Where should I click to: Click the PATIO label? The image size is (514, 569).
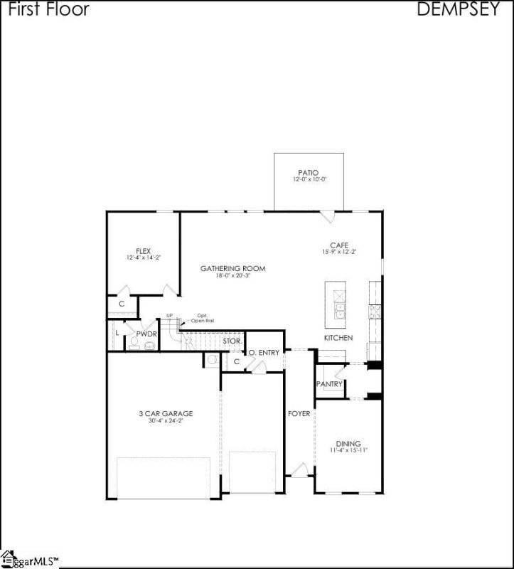pyautogui.click(x=309, y=172)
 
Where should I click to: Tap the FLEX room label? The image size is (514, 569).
pyautogui.click(x=144, y=251)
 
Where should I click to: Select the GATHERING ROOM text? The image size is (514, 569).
pyautogui.click(x=232, y=268)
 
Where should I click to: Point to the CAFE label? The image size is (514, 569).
pyautogui.click(x=328, y=245)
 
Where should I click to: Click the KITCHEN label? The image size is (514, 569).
pyautogui.click(x=338, y=338)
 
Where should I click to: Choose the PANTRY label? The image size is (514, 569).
pyautogui.click(x=330, y=384)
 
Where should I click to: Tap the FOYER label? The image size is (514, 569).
pyautogui.click(x=299, y=413)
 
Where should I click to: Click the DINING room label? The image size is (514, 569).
pyautogui.click(x=348, y=444)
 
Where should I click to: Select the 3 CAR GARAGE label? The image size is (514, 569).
pyautogui.click(x=166, y=413)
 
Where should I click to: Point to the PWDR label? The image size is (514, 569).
pyautogui.click(x=146, y=332)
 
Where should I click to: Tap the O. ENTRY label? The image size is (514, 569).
pyautogui.click(x=264, y=353)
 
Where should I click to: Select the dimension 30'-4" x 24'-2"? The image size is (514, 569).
pyautogui.click(x=166, y=421)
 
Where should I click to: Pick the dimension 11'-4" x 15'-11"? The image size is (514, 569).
pyautogui.click(x=348, y=451)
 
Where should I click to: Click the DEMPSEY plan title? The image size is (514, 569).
pyautogui.click(x=457, y=9)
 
